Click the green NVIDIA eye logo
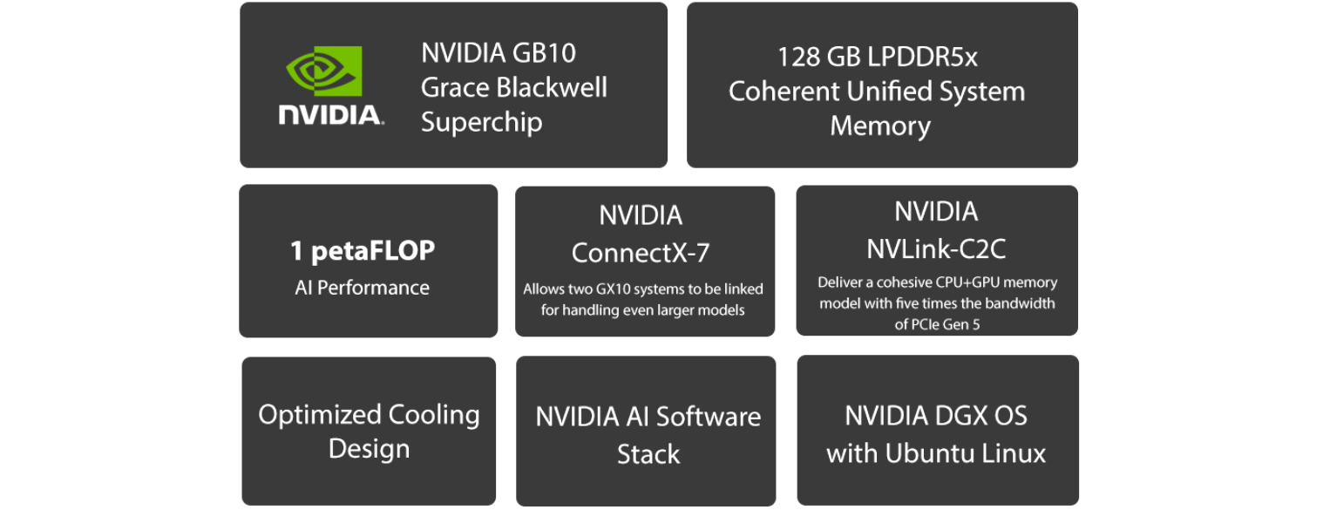324,71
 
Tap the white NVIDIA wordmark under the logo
331,115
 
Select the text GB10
544,53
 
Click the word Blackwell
552,87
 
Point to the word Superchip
481,123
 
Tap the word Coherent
784,92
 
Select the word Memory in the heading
880,126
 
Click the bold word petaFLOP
373,251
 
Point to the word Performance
373,288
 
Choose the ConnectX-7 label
641,253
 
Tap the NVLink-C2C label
936,248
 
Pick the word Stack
648,454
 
